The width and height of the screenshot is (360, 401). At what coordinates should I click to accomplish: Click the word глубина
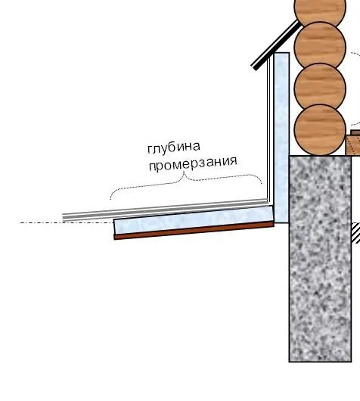click(174, 148)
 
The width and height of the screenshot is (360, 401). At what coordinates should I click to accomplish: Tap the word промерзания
click(193, 163)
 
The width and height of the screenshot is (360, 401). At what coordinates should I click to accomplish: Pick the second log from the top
click(320, 45)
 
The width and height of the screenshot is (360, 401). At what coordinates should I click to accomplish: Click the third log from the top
click(320, 87)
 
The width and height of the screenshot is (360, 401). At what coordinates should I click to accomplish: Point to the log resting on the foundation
click(320, 130)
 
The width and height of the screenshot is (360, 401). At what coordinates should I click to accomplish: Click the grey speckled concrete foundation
click(320, 258)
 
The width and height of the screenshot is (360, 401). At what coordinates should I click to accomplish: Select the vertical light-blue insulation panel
click(281, 138)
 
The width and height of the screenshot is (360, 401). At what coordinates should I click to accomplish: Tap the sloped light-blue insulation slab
click(194, 220)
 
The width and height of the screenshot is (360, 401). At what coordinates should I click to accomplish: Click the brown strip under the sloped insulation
click(194, 231)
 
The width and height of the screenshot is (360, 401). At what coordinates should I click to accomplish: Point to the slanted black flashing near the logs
click(275, 45)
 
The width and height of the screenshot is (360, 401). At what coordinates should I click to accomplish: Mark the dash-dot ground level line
click(67, 222)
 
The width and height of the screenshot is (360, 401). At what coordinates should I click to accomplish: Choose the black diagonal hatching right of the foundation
click(356, 233)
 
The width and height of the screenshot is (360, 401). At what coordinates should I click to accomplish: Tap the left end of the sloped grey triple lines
click(63, 217)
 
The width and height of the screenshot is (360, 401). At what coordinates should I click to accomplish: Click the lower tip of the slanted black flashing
click(253, 67)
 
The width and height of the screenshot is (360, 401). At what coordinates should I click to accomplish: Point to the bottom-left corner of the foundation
click(289, 362)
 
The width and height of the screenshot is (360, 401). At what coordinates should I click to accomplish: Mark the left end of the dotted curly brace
click(110, 200)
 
